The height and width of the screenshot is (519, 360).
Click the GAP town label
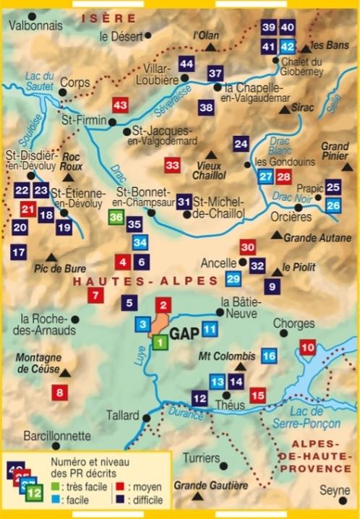pos(185,335)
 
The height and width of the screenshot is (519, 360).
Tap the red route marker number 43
pos(121,106)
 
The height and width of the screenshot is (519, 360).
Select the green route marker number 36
pos(116,217)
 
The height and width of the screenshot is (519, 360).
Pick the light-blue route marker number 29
pos(233,279)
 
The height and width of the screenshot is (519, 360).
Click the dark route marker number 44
pos(187,64)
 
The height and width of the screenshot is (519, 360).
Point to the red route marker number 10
pos(308,348)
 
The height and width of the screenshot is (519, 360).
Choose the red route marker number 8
pos(60,393)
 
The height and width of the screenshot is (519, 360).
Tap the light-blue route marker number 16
pos(269,356)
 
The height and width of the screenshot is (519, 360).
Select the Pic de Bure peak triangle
pos(51,257)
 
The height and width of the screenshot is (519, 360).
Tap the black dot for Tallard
pos(146,417)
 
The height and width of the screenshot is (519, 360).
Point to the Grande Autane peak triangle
pos(276,235)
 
